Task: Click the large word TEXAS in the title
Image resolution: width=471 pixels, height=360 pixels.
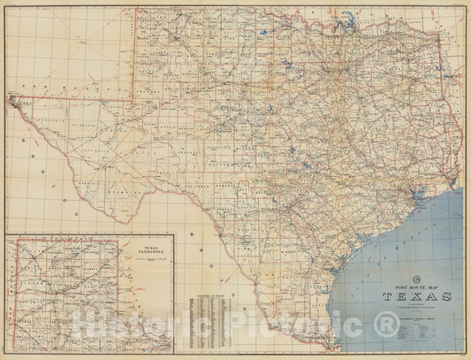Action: point(416,296)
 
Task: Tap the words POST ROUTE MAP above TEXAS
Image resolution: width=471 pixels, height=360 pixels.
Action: point(416,286)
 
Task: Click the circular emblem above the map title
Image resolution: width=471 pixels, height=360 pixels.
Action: point(416,278)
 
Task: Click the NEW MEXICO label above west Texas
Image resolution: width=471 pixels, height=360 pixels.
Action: point(53,84)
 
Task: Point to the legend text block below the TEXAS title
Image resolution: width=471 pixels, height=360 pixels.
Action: point(416,323)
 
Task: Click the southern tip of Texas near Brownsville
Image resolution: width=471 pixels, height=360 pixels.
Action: point(337,346)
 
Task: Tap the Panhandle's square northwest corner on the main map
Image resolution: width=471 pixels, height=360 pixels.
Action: point(134,11)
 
